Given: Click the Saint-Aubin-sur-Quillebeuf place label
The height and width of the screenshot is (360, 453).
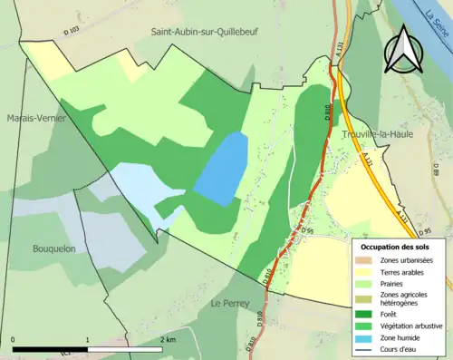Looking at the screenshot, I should [210, 31].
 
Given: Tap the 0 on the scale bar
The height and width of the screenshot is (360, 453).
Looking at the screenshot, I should [14, 339].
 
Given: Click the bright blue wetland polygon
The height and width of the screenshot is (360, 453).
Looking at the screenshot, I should [221, 168].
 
